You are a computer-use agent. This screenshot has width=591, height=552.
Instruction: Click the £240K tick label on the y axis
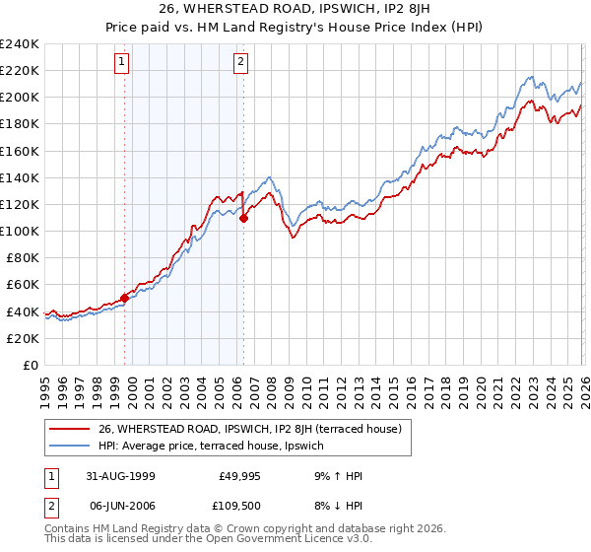point(20,44)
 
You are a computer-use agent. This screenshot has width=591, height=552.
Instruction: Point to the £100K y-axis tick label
point(20,231)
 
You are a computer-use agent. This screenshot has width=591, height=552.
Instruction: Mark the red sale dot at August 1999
point(125,297)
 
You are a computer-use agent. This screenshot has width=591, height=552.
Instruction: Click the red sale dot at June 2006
point(242,218)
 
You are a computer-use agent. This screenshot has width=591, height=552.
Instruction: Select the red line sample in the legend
point(69,429)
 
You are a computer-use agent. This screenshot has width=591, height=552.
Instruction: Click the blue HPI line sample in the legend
point(69,447)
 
